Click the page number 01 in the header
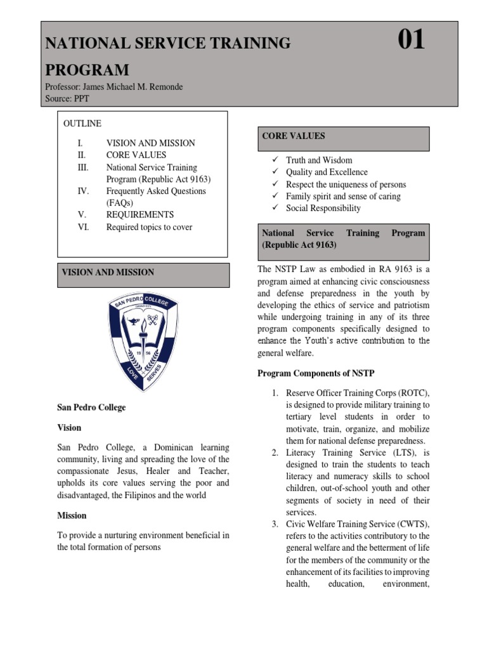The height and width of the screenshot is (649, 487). [x=411, y=41]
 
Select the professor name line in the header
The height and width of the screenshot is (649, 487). [x=114, y=87]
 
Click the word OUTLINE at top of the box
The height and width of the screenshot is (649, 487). [x=82, y=124]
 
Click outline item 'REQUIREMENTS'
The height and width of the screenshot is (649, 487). [x=140, y=215]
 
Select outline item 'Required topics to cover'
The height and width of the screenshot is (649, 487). [x=149, y=227]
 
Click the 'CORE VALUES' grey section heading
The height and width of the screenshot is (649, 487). [x=294, y=136]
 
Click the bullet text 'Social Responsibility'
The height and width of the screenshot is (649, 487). [x=323, y=208]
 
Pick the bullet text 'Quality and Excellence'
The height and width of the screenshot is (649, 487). [x=327, y=172]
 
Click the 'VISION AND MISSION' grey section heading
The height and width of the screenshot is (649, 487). [x=108, y=273]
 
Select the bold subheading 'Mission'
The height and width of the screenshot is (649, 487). [x=72, y=515]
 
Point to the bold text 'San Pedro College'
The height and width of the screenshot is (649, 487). [x=91, y=408]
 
